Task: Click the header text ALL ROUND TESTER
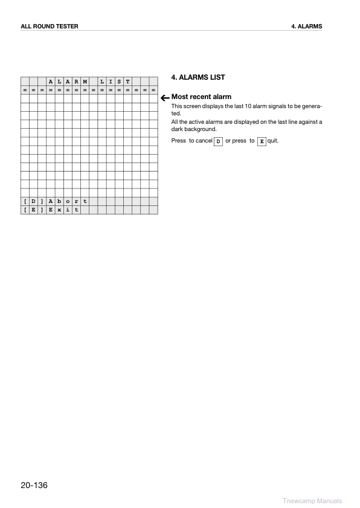[x=50, y=27]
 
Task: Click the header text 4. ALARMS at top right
[x=306, y=27]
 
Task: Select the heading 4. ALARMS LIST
[x=198, y=78]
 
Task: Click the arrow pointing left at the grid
[x=164, y=97]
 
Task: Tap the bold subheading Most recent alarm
[x=201, y=97]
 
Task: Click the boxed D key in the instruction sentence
[x=219, y=141]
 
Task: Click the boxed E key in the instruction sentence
[x=262, y=141]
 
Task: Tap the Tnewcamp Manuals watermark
[x=312, y=501]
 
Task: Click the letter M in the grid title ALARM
[x=85, y=82]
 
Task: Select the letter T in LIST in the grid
[x=127, y=82]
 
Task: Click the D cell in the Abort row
[x=33, y=201]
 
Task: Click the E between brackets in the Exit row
[x=33, y=210]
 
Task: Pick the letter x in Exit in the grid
[x=59, y=210]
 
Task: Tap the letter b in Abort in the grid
[x=59, y=201]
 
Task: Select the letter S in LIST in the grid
[x=119, y=82]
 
